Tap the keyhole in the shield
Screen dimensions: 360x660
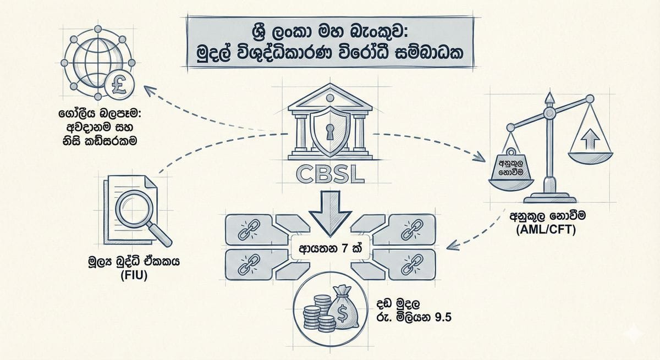click(329, 132)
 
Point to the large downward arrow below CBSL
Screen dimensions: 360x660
click(329, 212)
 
